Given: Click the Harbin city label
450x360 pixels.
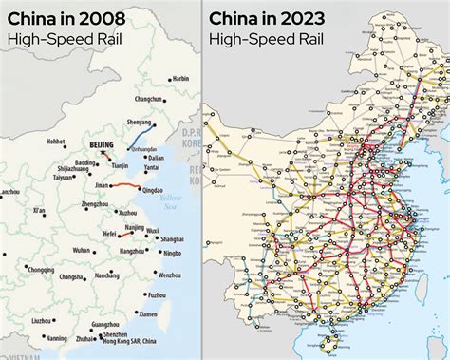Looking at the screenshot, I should (180, 78).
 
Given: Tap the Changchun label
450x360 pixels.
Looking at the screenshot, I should (149, 99).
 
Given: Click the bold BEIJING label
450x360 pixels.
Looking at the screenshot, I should (101, 144).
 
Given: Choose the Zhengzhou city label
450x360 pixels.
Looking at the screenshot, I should (95, 204).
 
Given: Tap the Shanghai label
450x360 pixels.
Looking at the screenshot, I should (172, 239).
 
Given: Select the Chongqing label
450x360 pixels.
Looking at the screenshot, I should (41, 269).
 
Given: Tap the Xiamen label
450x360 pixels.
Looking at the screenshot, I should (147, 313).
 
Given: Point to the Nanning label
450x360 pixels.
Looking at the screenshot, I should (57, 337).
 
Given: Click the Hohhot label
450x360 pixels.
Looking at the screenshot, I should (55, 141).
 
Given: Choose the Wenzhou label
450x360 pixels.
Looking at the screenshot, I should (169, 275).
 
